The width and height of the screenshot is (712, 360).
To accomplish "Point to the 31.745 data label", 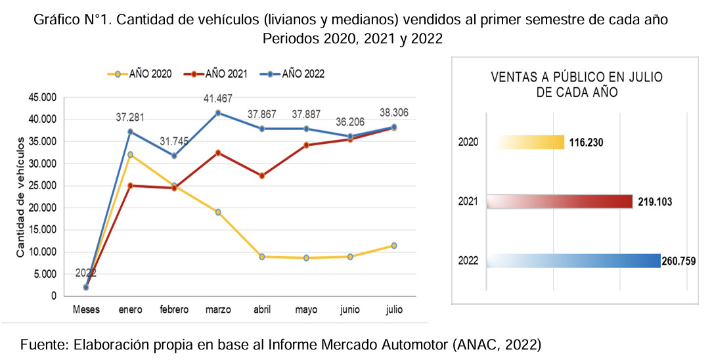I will point(173,142).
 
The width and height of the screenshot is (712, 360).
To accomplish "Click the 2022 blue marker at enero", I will point(131,132).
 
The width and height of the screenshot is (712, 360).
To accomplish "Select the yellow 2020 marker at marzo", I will point(217,212).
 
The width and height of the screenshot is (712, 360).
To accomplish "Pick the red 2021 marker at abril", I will point(263,176).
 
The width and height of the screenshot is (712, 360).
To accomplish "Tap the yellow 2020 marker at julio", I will point(394,246).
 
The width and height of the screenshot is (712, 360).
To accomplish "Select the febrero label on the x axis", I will point(173,310).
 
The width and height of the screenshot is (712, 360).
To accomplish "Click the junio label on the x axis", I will point(350,310).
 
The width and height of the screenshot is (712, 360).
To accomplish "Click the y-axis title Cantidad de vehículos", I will point(20,197).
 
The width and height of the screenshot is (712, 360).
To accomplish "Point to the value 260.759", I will point(679,261).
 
